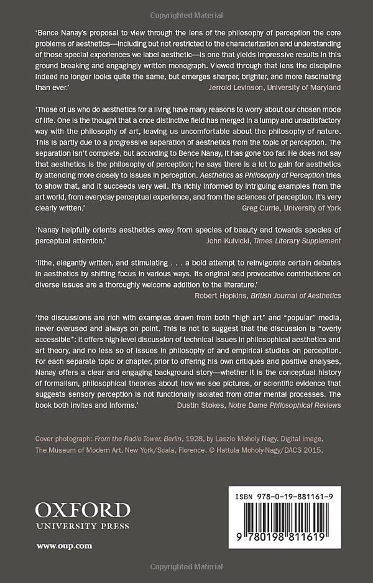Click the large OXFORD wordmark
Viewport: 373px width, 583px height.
click(x=83, y=510)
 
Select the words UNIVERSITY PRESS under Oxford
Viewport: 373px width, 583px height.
click(x=83, y=526)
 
